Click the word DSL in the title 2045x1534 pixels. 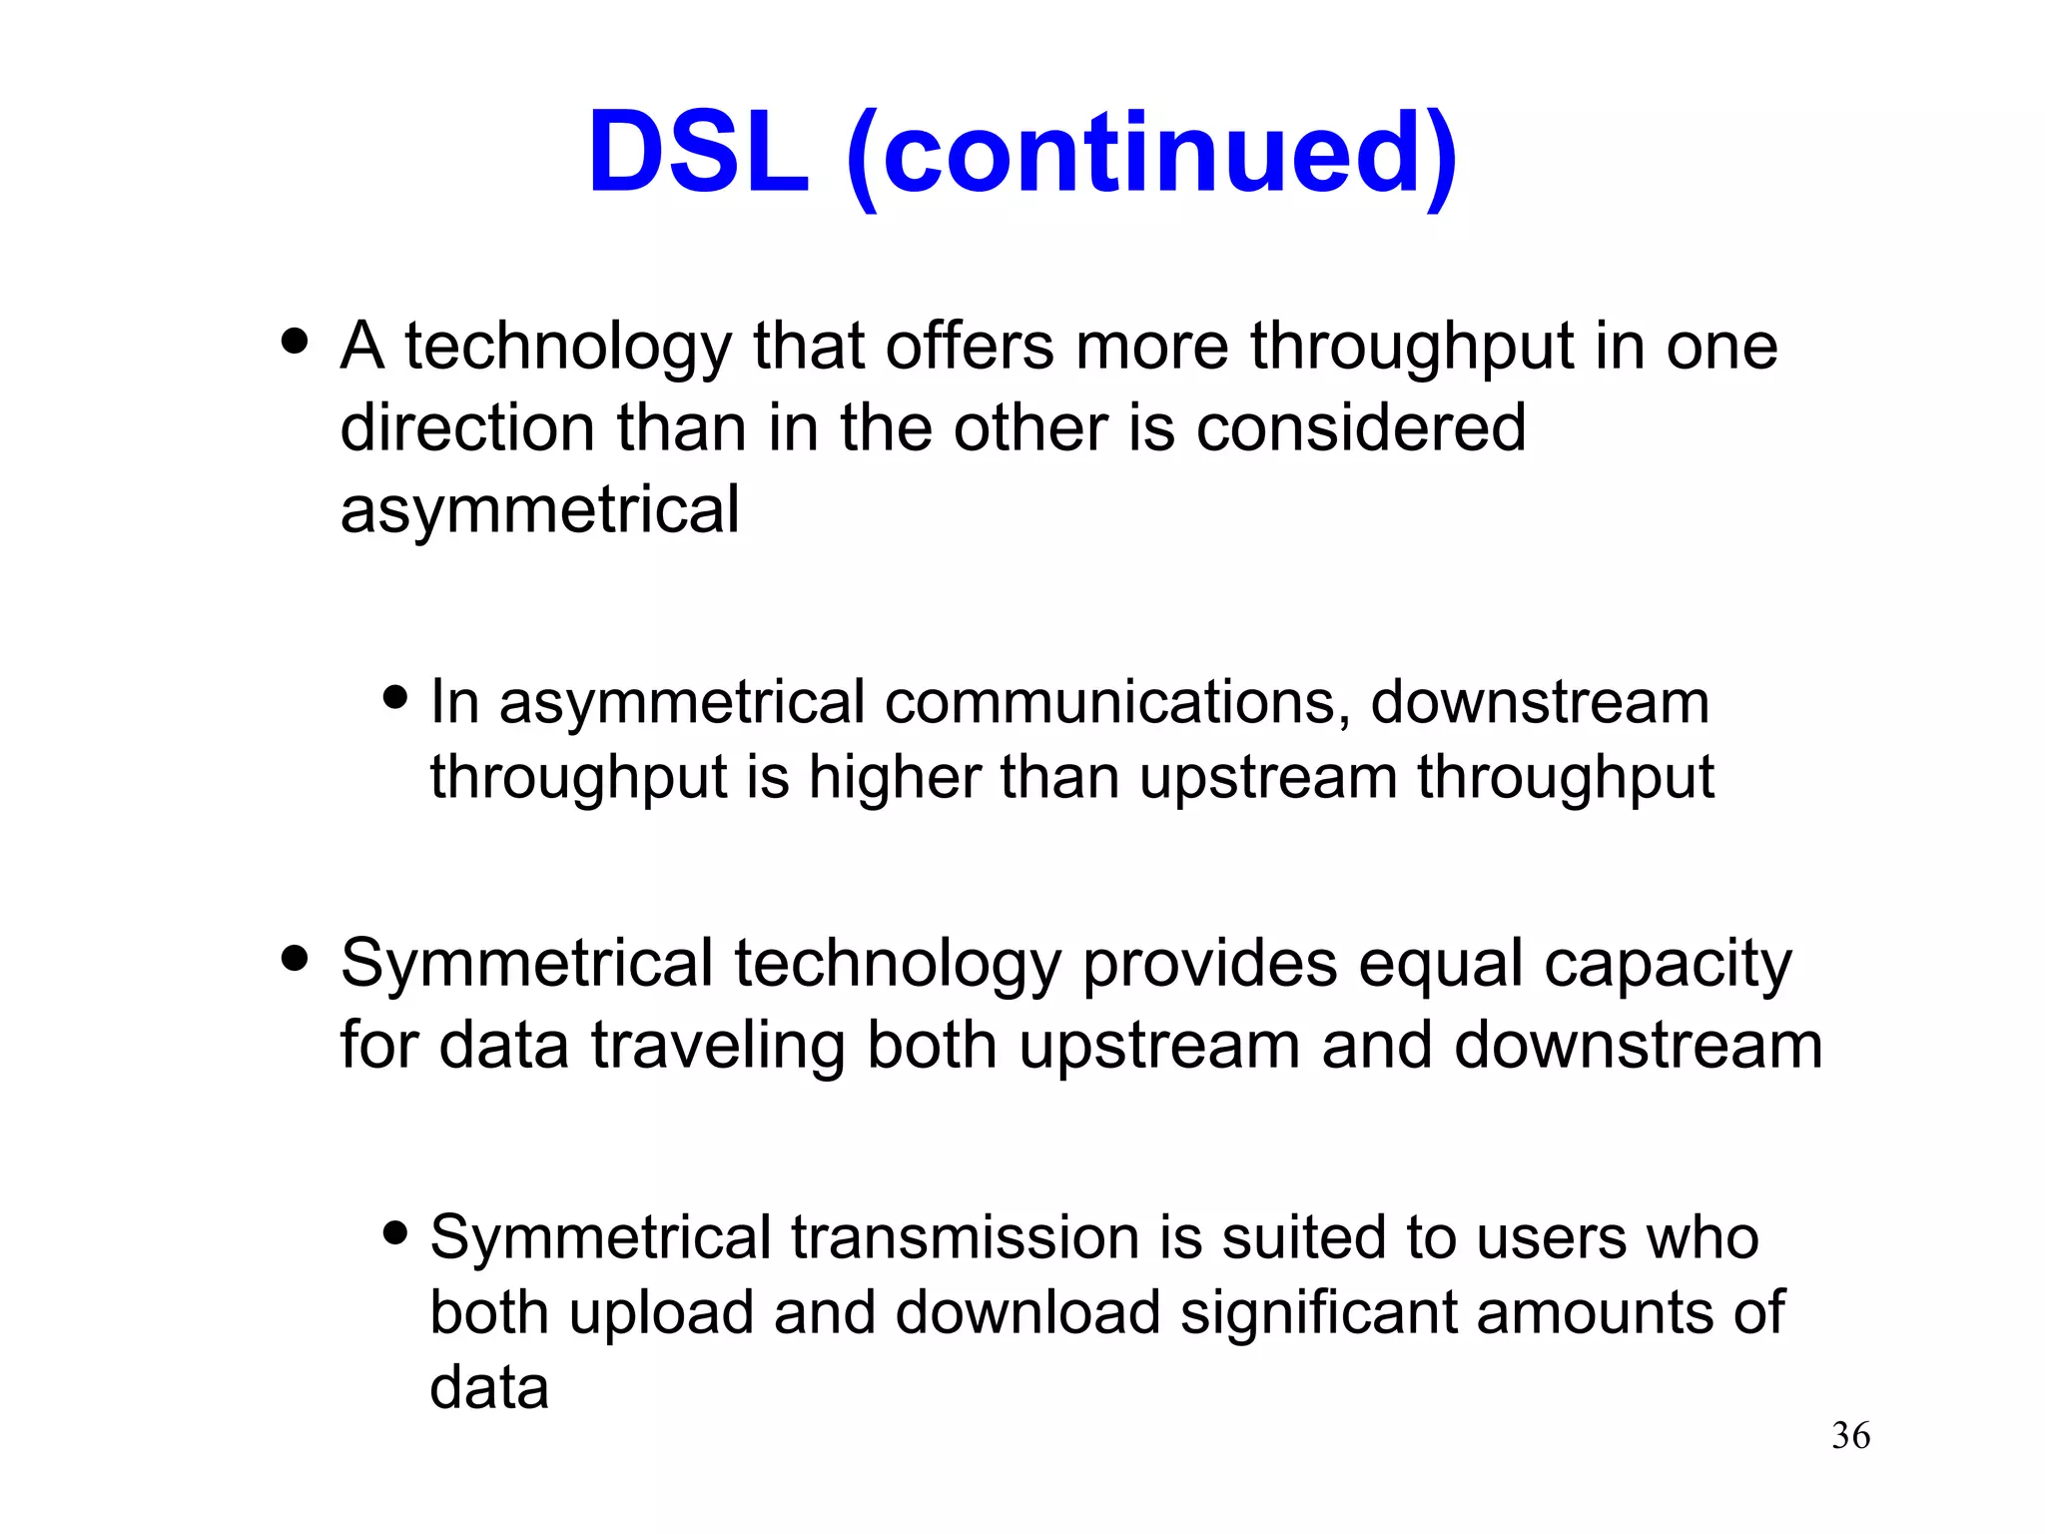coord(698,154)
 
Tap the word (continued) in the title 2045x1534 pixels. coord(1151,156)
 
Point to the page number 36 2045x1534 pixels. coord(1850,1435)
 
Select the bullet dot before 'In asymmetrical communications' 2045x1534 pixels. coord(395,697)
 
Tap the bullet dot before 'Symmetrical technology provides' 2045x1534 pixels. coord(295,959)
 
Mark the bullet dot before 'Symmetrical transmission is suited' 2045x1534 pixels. coord(395,1232)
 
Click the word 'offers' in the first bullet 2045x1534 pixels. coord(970,347)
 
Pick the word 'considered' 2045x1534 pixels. coord(1360,428)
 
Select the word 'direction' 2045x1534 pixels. coord(467,428)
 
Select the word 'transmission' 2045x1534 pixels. coord(966,1237)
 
